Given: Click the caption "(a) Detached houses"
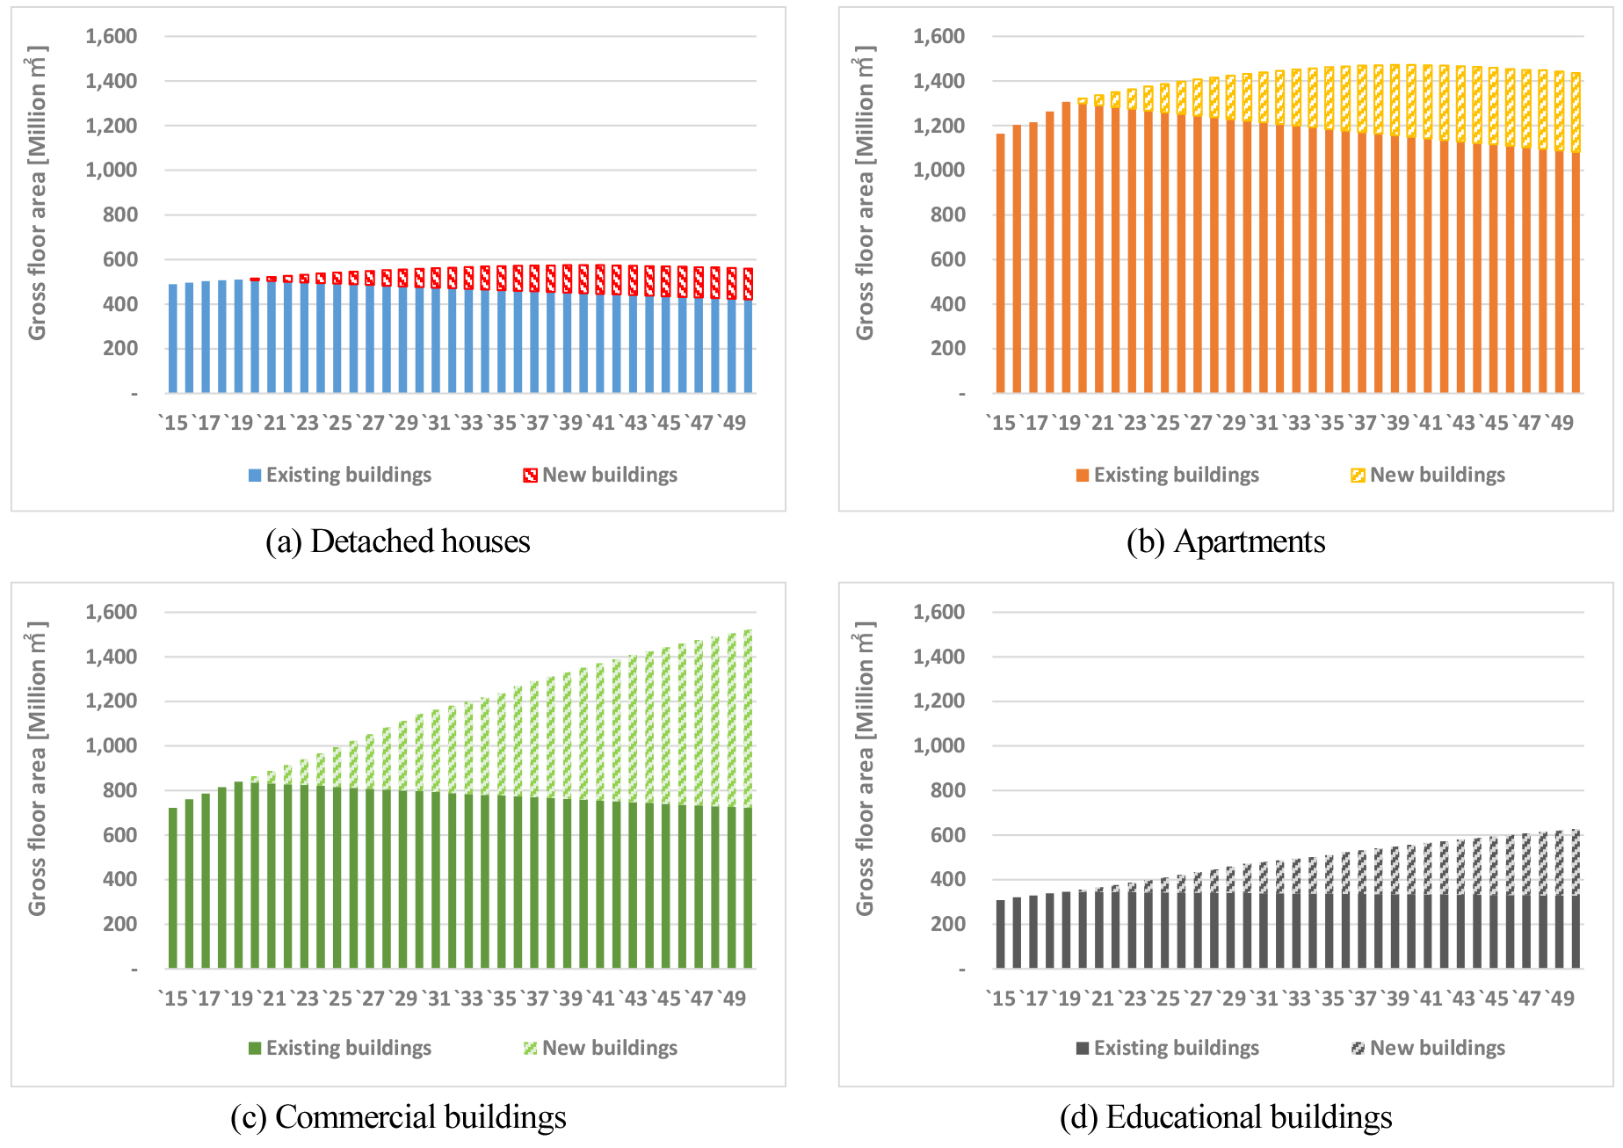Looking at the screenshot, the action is click(x=398, y=541).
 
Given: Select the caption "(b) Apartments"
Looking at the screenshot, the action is click(x=1226, y=541).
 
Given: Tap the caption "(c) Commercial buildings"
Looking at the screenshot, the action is click(x=398, y=1117).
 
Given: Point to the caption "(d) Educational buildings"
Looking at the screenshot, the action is click(x=1226, y=1117).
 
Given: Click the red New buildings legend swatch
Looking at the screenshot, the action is click(x=530, y=476).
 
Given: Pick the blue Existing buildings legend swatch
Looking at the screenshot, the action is click(x=255, y=476).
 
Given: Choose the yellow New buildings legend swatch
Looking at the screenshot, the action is click(x=1358, y=476).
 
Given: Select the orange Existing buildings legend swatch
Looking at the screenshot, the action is click(x=1083, y=476).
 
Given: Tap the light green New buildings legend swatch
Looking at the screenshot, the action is click(x=530, y=1049).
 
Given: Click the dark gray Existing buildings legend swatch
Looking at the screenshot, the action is click(x=1083, y=1049).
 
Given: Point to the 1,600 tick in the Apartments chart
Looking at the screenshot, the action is click(x=938, y=36).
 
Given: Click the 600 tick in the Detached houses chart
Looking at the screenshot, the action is click(x=120, y=259).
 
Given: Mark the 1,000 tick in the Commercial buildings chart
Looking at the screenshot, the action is click(x=111, y=745).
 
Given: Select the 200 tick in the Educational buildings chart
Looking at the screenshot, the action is click(x=947, y=924).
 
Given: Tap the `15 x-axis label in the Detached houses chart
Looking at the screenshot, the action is click(x=174, y=423).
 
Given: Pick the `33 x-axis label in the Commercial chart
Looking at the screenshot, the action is click(x=469, y=999).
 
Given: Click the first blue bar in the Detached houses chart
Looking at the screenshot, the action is click(x=173, y=338).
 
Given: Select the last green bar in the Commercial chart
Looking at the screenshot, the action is click(x=748, y=888).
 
